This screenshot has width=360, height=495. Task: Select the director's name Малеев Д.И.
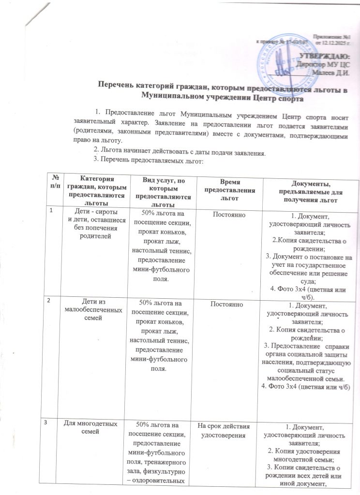pos(332,72)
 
